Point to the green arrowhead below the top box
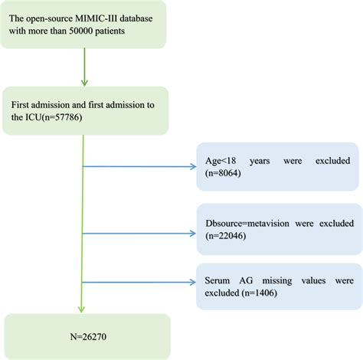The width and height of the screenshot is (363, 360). (x=83, y=83)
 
